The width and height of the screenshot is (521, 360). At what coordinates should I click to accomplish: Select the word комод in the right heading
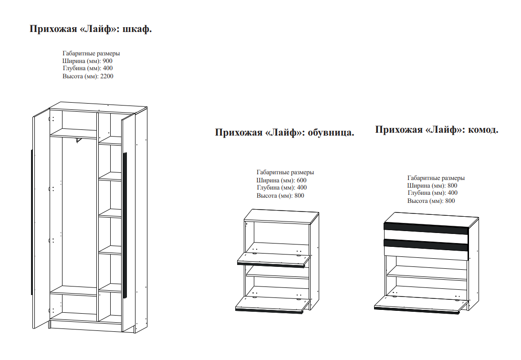pos(483,129)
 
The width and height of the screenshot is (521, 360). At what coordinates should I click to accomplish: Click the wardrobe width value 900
pos(107,61)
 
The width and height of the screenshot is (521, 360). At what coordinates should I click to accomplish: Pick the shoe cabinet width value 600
pos(301,180)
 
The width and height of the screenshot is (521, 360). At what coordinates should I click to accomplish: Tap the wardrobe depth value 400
pos(107,69)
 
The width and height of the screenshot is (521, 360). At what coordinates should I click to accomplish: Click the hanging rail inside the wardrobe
pos(79,139)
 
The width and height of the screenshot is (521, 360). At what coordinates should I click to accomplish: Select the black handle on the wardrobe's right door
pos(125,224)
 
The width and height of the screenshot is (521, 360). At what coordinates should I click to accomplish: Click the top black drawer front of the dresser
pos(426,228)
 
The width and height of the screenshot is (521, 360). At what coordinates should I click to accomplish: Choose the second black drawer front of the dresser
pos(426,244)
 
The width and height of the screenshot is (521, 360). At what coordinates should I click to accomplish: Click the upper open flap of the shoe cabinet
pos(273,260)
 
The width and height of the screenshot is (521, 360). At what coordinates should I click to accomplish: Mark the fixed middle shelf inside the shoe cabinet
pos(277,272)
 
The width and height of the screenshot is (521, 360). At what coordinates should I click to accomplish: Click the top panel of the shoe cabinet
pos(281,216)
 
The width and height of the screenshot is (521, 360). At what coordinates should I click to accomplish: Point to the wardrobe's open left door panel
pos(41,220)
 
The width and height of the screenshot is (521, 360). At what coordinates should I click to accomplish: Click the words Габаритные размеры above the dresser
pos(436,178)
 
